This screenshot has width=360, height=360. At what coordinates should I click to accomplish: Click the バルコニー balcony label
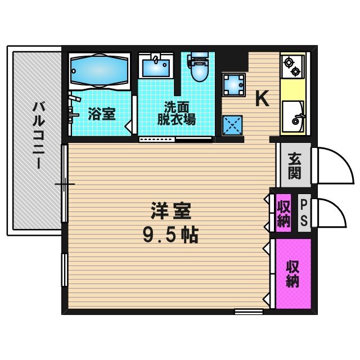point(38,135)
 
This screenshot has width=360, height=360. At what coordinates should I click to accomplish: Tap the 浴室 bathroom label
point(102,114)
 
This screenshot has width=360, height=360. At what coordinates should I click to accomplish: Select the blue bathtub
point(99,71)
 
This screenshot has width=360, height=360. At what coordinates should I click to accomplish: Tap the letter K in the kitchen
point(262,99)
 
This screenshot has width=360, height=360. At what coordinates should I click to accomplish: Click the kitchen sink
point(293,116)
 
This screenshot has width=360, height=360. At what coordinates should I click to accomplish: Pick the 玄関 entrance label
point(294,165)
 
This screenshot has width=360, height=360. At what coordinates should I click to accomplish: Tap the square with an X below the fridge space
point(232,125)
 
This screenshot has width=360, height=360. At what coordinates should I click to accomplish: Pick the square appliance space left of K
point(232,85)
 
